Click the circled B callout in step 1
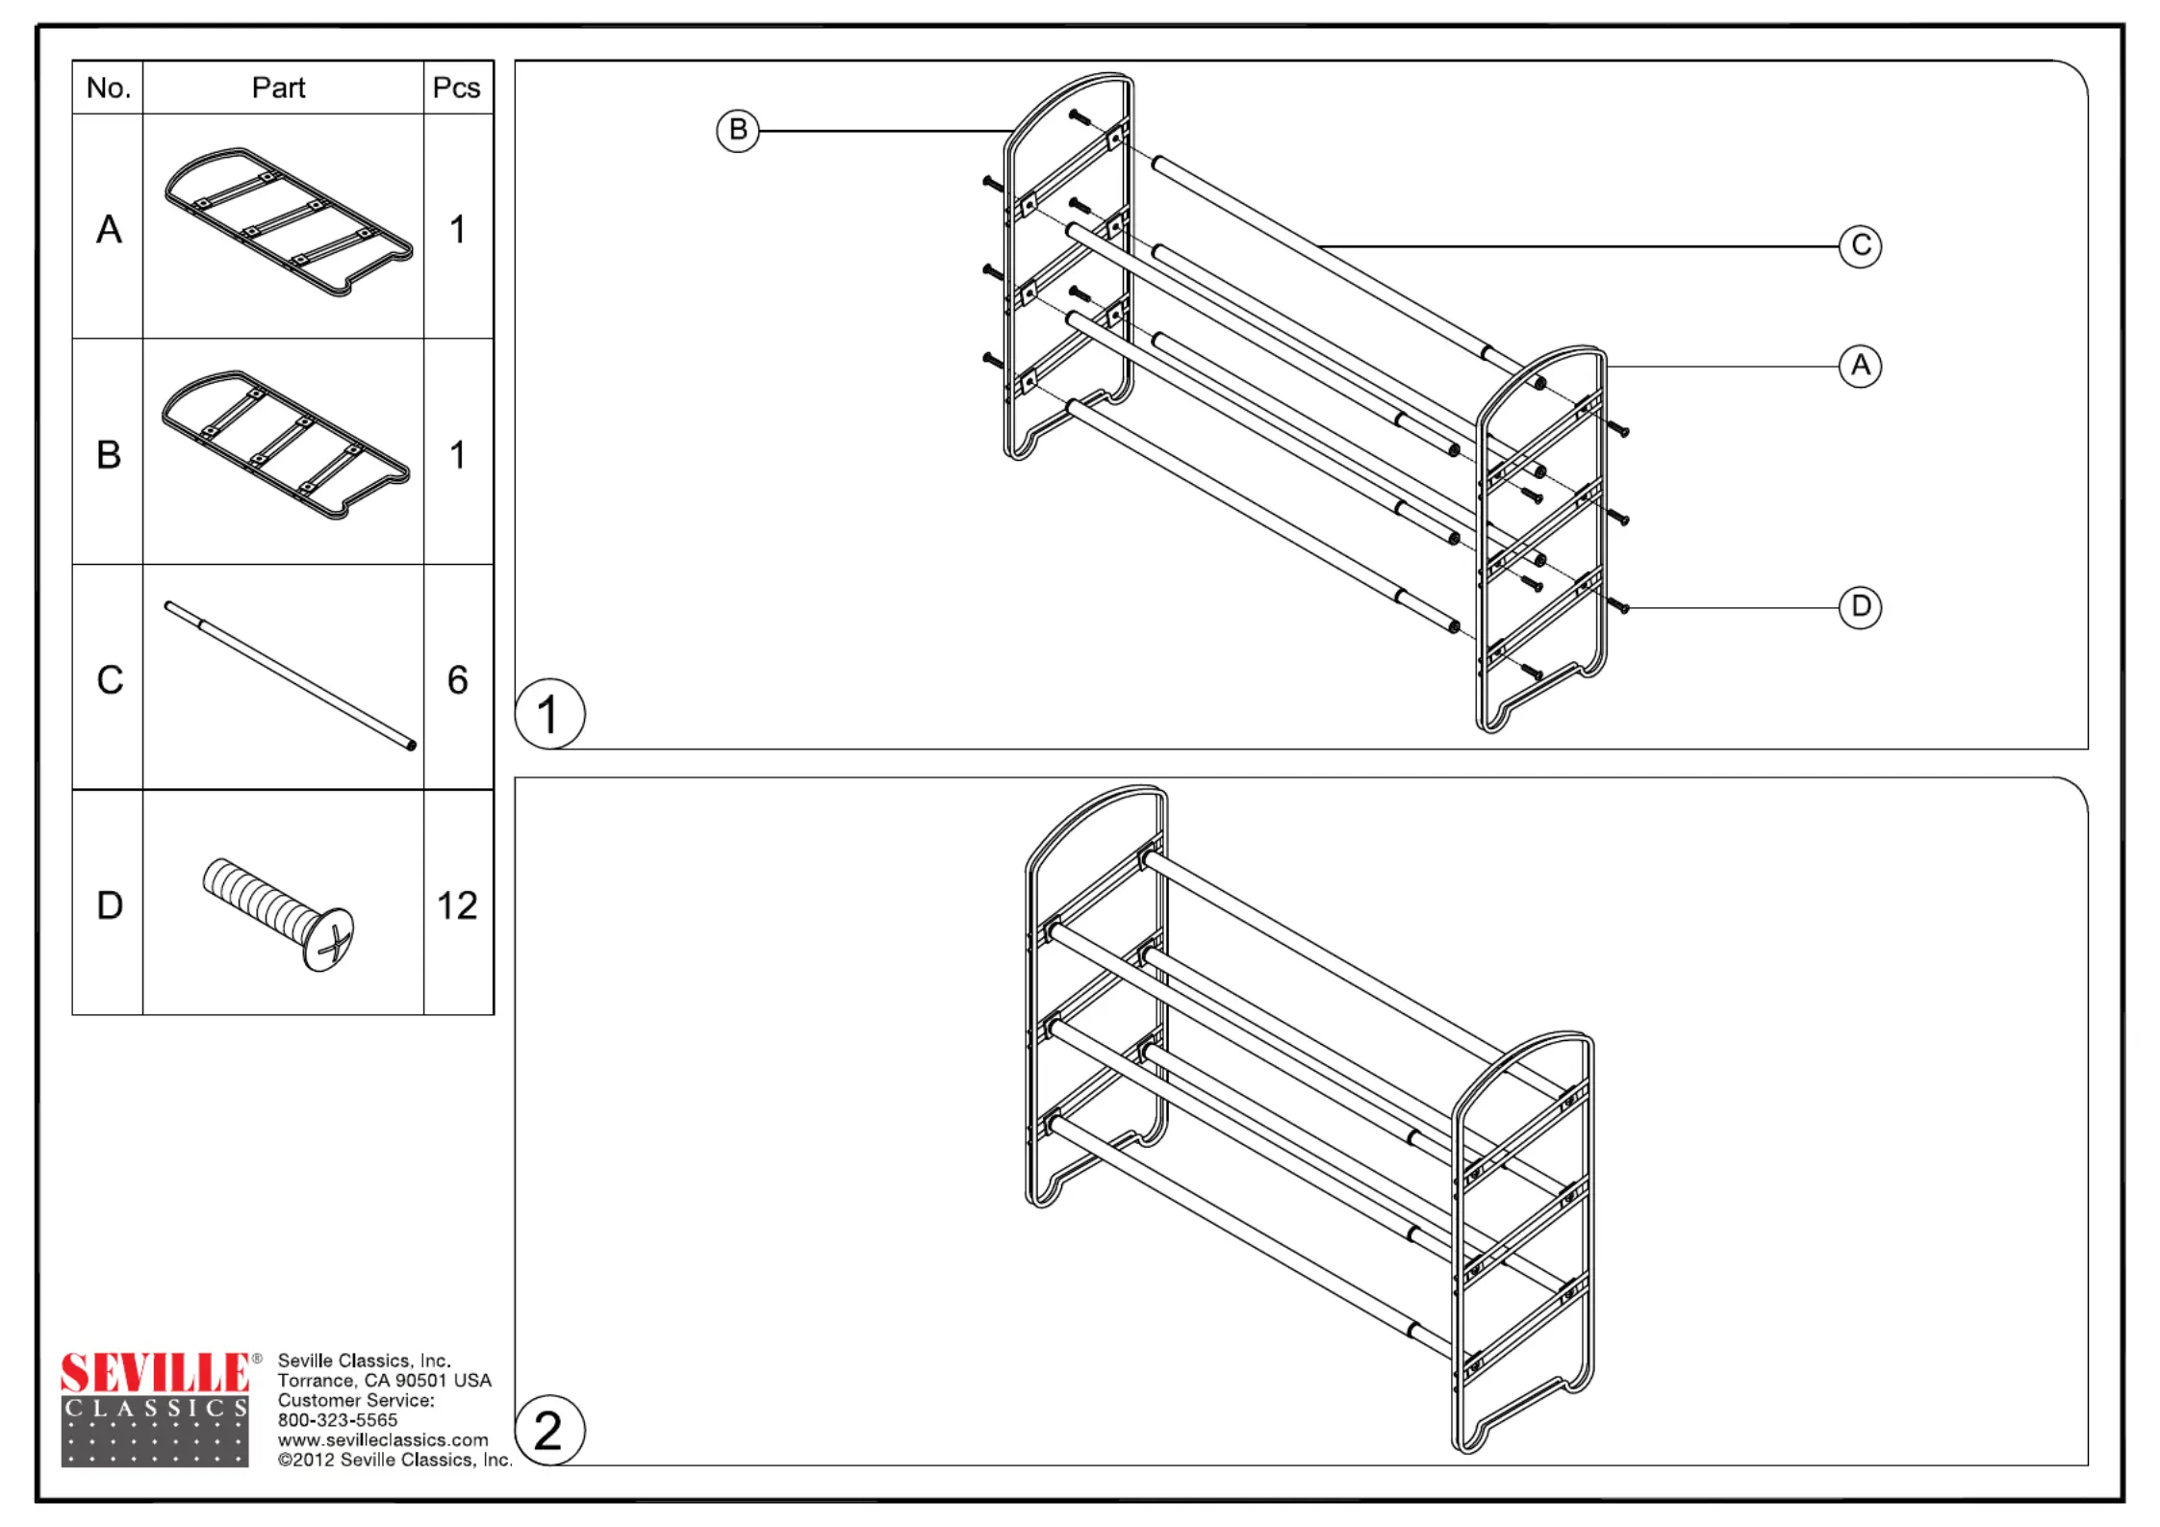tap(738, 130)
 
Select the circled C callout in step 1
tap(1860, 246)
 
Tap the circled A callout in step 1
tap(1860, 367)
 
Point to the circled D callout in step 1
tap(1860, 607)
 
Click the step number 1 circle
tap(549, 714)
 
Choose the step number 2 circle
tap(549, 1431)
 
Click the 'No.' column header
tap(108, 89)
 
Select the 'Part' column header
tap(279, 89)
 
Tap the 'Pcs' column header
tap(457, 89)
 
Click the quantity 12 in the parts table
tap(457, 905)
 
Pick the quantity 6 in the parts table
tap(457, 680)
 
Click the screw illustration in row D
tap(279, 915)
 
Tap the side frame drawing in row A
tap(289, 222)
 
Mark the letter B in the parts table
tap(109, 455)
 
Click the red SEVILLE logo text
tap(155, 1372)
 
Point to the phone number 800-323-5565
tap(338, 1420)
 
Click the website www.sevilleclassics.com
tap(383, 1440)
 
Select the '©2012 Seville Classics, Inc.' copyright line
tap(394, 1461)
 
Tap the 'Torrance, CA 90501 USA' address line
tap(385, 1381)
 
